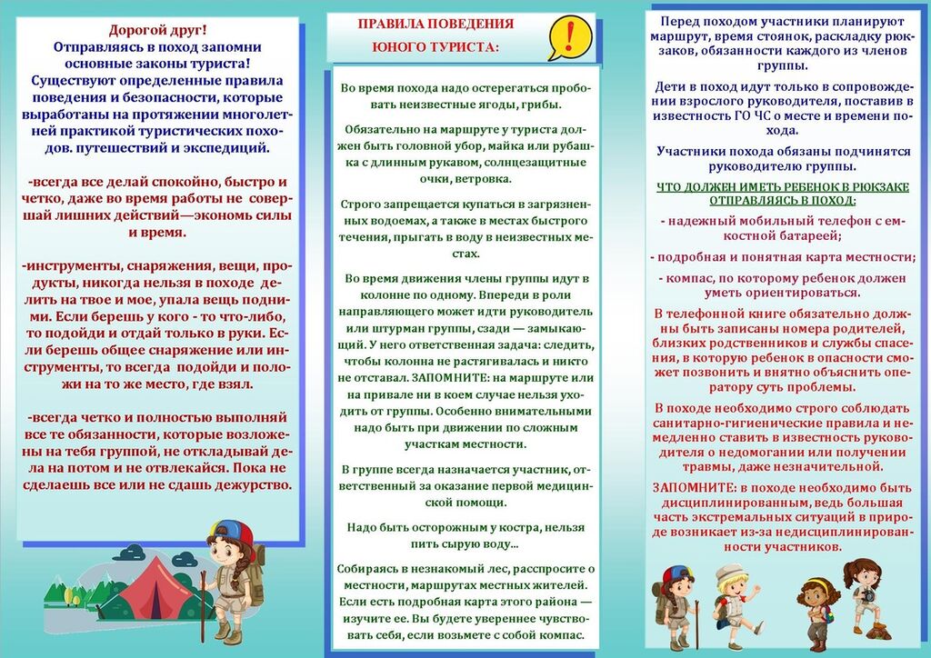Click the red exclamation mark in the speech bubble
(570, 35)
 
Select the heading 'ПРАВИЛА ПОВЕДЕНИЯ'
(435, 25)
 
